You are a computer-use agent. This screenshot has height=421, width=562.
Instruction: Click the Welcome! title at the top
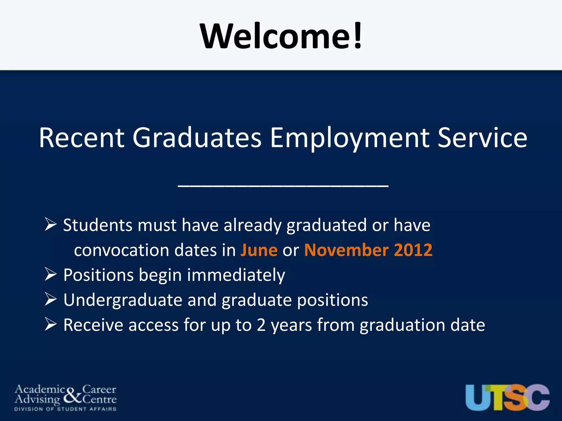281,36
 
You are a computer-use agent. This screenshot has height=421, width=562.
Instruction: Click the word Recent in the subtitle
82,138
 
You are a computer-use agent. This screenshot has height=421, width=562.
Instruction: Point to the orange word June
259,250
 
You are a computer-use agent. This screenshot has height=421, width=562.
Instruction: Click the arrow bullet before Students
50,224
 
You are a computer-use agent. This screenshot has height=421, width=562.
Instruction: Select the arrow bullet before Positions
50,274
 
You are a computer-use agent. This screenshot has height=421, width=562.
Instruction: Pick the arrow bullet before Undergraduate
50,299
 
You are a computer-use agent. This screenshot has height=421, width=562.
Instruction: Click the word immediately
236,275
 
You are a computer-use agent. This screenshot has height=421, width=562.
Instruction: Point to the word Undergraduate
123,300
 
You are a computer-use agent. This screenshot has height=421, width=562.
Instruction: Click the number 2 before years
261,325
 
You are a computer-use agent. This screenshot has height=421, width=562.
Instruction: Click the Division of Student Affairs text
65,409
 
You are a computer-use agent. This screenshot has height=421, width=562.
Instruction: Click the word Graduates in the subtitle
197,138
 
